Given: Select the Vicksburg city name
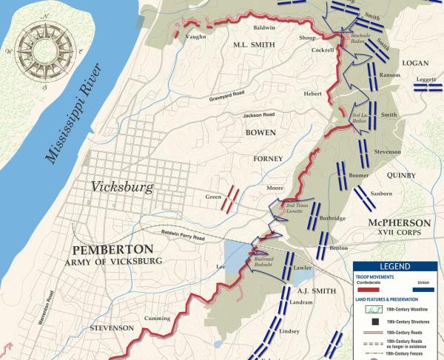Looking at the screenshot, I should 122,187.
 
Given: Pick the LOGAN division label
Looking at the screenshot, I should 415,64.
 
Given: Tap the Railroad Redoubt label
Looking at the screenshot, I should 269,259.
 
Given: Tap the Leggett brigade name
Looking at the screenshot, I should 426,78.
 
